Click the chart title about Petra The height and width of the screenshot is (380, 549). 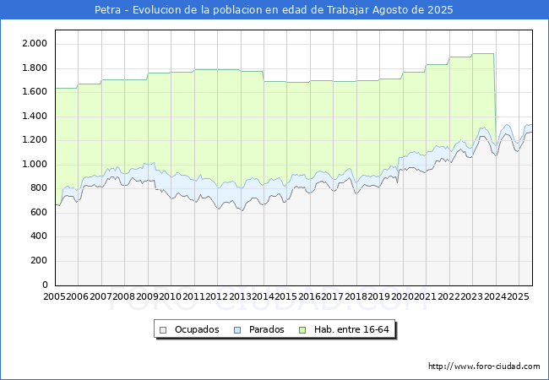(x=274, y=9)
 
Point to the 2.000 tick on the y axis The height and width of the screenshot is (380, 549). (x=35, y=43)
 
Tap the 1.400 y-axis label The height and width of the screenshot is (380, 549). (x=35, y=116)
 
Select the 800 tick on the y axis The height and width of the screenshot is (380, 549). (x=39, y=188)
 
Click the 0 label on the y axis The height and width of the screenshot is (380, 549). (x=45, y=285)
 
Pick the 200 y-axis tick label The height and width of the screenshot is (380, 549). (x=39, y=261)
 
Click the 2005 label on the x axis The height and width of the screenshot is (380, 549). (x=54, y=296)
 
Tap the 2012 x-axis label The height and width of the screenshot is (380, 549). (x=217, y=296)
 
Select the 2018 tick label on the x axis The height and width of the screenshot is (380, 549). (x=356, y=296)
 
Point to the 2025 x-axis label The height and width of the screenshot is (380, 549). (x=519, y=296)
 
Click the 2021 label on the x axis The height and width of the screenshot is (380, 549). (x=426, y=296)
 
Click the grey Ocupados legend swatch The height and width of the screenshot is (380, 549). (x=163, y=330)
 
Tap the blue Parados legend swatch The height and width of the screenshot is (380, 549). (x=237, y=330)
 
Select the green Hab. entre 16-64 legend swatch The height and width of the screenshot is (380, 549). (x=302, y=330)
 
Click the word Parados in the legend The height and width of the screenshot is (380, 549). (x=266, y=329)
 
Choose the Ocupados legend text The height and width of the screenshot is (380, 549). (x=197, y=329)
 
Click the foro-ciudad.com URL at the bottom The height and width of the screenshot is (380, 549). (x=484, y=366)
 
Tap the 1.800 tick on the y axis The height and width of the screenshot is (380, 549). (x=35, y=68)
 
